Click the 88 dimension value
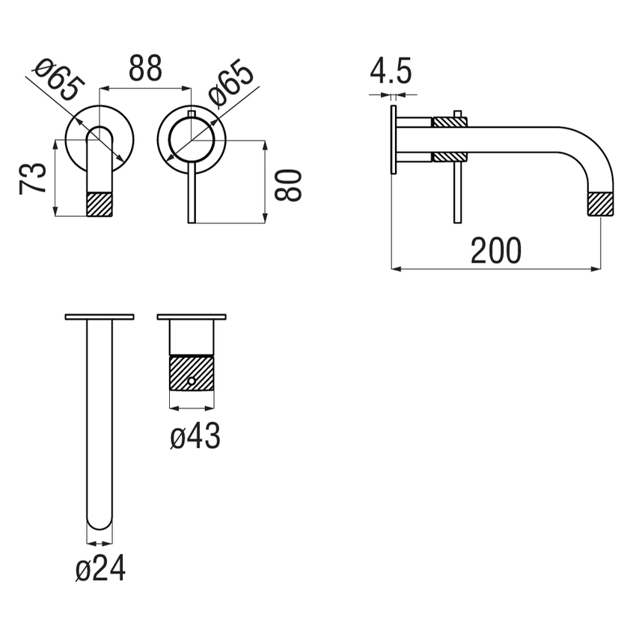[145, 70]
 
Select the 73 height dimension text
[34, 179]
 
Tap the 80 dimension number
[289, 184]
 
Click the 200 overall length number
[495, 251]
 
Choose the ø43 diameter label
[195, 436]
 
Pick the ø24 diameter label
[100, 570]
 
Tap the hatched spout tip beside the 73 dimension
[100, 204]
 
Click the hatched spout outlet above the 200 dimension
[601, 204]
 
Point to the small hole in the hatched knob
[192, 382]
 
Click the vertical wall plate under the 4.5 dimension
[392, 139]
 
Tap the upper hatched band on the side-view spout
[450, 121]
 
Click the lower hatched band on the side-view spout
[450, 156]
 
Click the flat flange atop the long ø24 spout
[100, 317]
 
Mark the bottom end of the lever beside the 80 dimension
[192, 218]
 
